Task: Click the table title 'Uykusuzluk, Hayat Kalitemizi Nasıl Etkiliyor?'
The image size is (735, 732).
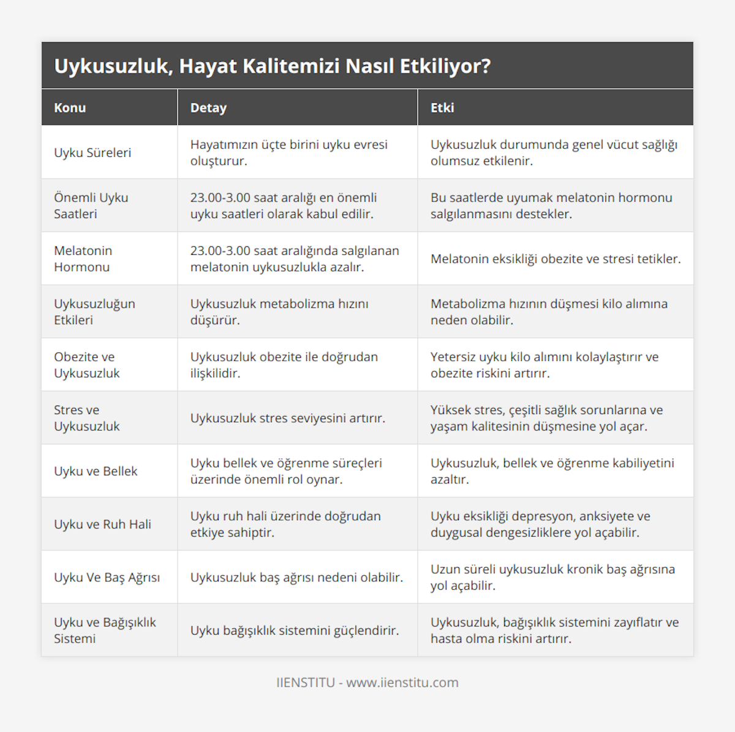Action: tap(273, 66)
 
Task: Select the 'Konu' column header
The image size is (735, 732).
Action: tap(70, 108)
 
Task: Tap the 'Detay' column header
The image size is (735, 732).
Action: tap(208, 108)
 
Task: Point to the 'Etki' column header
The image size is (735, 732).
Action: tap(442, 108)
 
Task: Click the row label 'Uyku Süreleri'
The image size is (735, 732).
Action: tap(92, 153)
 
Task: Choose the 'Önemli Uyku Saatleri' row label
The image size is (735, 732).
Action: tap(91, 206)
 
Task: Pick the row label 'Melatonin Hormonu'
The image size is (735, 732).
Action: tap(83, 258)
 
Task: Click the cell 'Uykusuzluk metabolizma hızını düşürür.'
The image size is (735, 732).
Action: tap(279, 312)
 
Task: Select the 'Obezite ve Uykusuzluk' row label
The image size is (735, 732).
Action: tap(87, 365)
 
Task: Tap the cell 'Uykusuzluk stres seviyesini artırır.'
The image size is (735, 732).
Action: tap(288, 418)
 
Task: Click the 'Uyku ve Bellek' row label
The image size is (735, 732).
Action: tap(96, 471)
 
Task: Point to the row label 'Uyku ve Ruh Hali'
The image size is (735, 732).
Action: tap(102, 524)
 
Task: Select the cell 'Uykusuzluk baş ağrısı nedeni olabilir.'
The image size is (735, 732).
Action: tap(296, 577)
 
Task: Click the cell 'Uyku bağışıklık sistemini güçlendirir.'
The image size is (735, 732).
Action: tap(295, 630)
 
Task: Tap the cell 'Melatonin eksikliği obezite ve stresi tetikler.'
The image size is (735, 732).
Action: tap(556, 258)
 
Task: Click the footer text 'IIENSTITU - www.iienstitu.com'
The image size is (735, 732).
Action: tap(367, 682)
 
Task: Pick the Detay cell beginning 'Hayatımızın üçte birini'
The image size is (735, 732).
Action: tap(289, 153)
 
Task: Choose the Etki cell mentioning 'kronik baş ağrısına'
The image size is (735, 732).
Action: tap(552, 577)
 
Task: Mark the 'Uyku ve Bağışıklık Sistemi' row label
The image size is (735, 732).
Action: tap(105, 630)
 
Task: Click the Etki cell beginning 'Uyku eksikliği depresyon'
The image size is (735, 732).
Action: tap(540, 524)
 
